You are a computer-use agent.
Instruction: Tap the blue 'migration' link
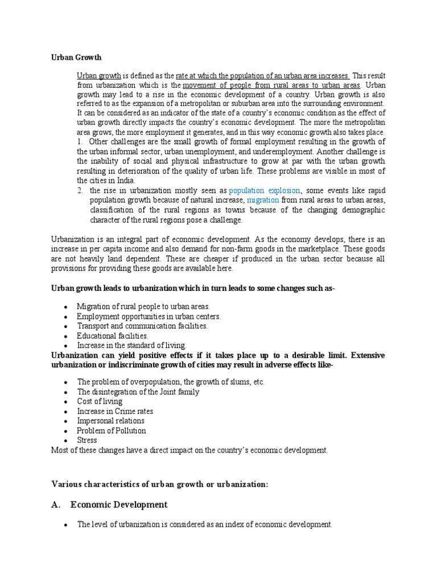(x=263, y=200)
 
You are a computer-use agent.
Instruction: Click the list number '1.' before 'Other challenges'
(x=81, y=142)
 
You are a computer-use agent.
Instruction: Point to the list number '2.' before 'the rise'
(x=81, y=190)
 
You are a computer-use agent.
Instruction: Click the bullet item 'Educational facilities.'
(x=113, y=336)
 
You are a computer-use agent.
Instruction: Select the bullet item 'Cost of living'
(x=100, y=401)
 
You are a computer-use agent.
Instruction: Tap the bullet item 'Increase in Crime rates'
(x=115, y=411)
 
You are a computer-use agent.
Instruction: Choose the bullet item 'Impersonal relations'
(x=112, y=421)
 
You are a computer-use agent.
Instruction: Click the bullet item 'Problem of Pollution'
(x=112, y=430)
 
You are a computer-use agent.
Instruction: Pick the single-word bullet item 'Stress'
(x=87, y=440)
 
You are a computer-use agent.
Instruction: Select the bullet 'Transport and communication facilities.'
(x=142, y=326)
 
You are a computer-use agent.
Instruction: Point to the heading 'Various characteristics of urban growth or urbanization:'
(x=160, y=484)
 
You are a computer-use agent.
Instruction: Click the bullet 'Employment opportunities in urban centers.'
(x=149, y=317)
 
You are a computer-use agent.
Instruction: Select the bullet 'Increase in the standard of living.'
(x=131, y=346)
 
